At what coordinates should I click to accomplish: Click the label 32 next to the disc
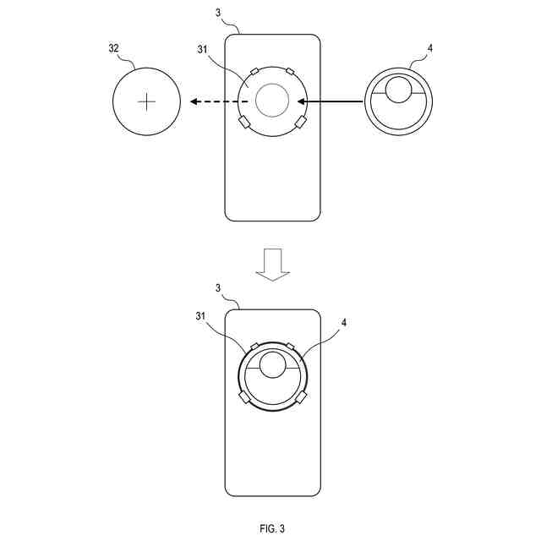coord(113,48)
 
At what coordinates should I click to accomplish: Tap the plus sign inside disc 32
coord(147,102)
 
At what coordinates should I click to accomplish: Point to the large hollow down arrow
coord(272,264)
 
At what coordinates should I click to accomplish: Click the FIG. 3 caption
coord(272,528)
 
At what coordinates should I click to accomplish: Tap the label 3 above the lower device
coord(218,288)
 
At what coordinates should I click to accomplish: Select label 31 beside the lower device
coord(200,317)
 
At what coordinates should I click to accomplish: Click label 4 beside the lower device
coord(344,322)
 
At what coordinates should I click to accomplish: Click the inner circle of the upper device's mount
coord(272,101)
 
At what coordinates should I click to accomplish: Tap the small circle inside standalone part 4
coord(399,89)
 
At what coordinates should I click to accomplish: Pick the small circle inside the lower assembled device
coord(272,365)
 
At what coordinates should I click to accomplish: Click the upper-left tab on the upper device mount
coord(252,71)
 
